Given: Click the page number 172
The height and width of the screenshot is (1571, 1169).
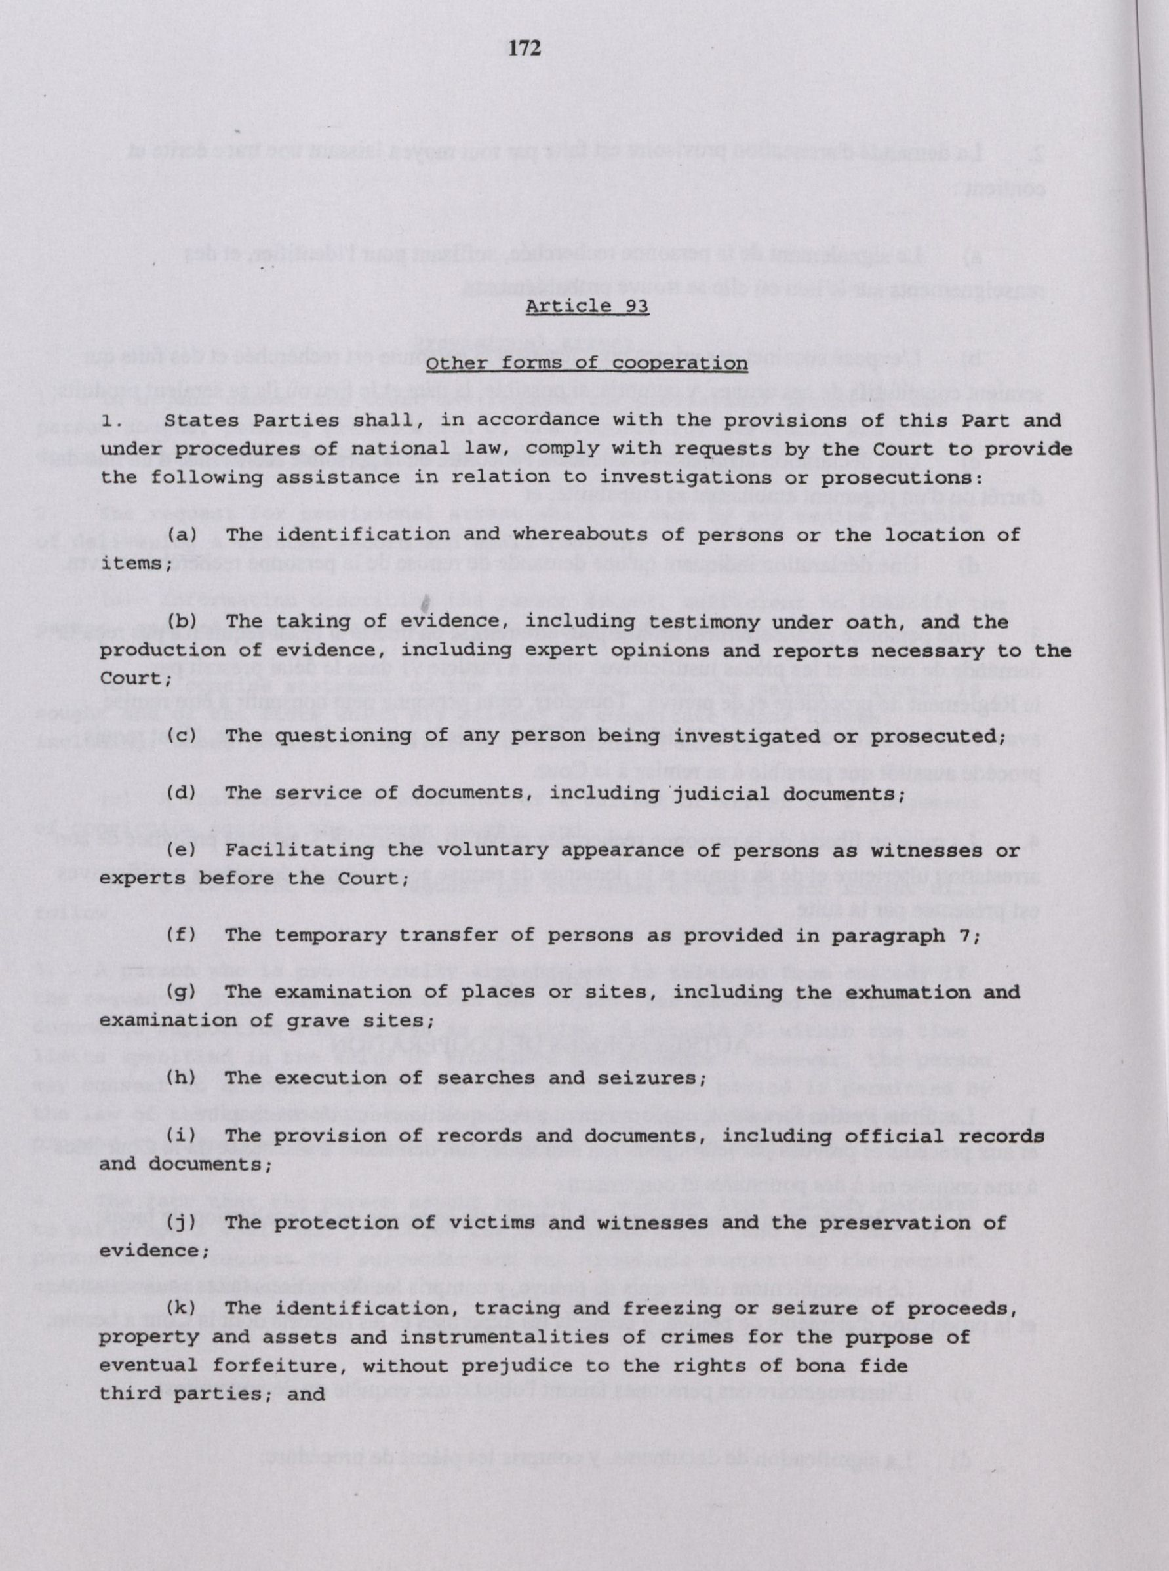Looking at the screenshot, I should coord(525,48).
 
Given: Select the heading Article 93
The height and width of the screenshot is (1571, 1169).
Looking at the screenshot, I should coord(587,307).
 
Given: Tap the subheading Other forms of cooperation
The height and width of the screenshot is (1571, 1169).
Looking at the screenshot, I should coord(587,363).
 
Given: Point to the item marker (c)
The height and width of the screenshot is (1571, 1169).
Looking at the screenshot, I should coord(181,735).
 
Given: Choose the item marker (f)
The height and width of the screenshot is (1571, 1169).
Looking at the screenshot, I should coord(181,936).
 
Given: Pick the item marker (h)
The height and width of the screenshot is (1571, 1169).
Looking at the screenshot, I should coord(181,1079).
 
